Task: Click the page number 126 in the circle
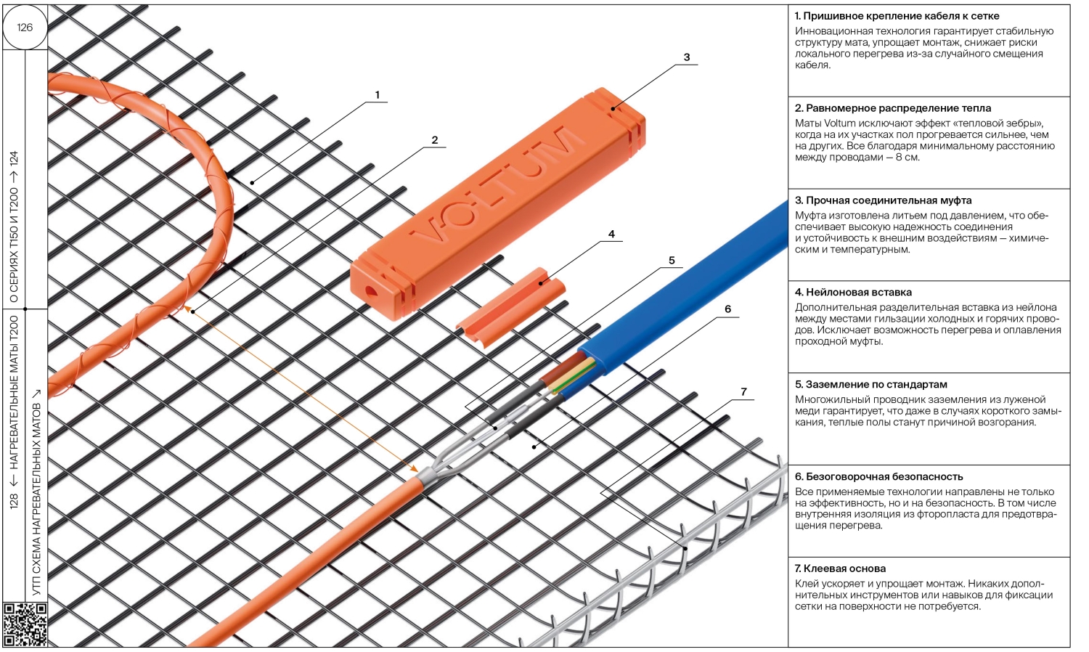(25, 28)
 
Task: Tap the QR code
(25, 624)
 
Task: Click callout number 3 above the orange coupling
(687, 57)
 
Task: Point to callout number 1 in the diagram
(378, 95)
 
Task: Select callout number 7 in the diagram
(743, 392)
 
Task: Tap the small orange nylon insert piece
(510, 306)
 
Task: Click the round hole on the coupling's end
(370, 292)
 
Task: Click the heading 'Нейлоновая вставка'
(859, 292)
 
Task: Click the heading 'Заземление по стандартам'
(876, 384)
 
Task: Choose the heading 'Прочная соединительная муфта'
(889, 200)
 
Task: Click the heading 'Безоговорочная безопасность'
(884, 476)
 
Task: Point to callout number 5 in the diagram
(672, 261)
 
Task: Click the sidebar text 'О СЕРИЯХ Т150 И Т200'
(14, 245)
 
